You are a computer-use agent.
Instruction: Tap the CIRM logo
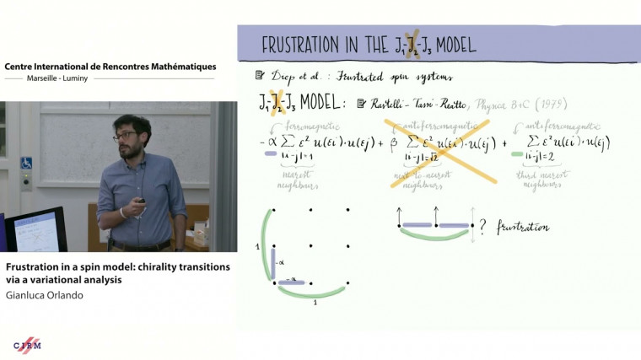click(x=27, y=345)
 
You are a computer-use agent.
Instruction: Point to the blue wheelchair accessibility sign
click(x=26, y=163)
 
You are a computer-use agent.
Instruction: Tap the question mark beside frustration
click(x=483, y=227)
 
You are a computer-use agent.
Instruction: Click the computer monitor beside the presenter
click(x=35, y=229)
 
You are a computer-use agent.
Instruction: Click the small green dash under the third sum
click(x=516, y=153)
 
